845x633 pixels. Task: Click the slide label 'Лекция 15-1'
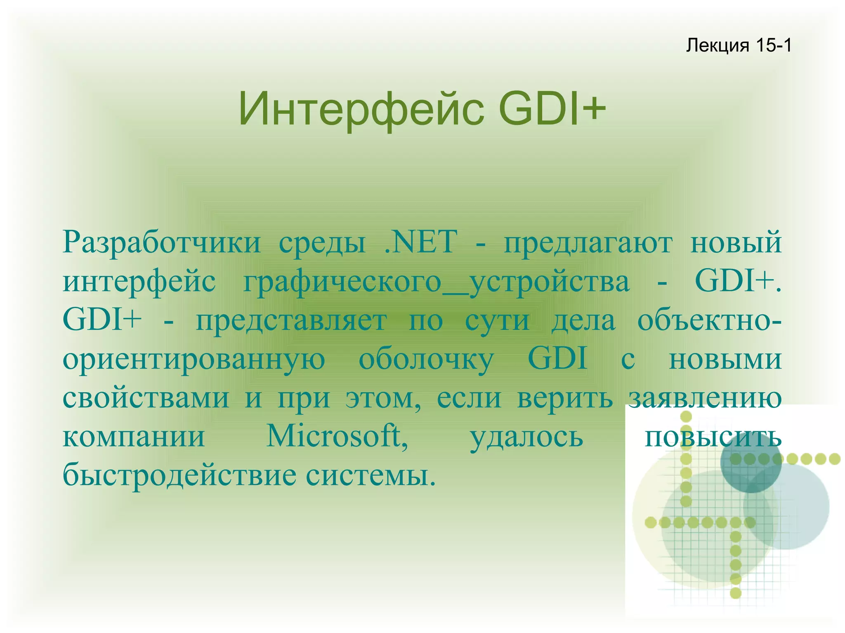739,45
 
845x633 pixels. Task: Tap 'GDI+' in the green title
552,109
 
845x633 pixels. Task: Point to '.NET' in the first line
420,242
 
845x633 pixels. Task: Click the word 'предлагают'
588,243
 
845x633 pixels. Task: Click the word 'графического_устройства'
437,282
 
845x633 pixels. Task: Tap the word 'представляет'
291,321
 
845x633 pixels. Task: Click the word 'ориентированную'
194,360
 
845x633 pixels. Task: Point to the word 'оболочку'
426,360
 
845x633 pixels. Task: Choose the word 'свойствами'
146,398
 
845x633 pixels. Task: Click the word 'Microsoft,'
337,436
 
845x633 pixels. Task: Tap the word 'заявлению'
705,398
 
